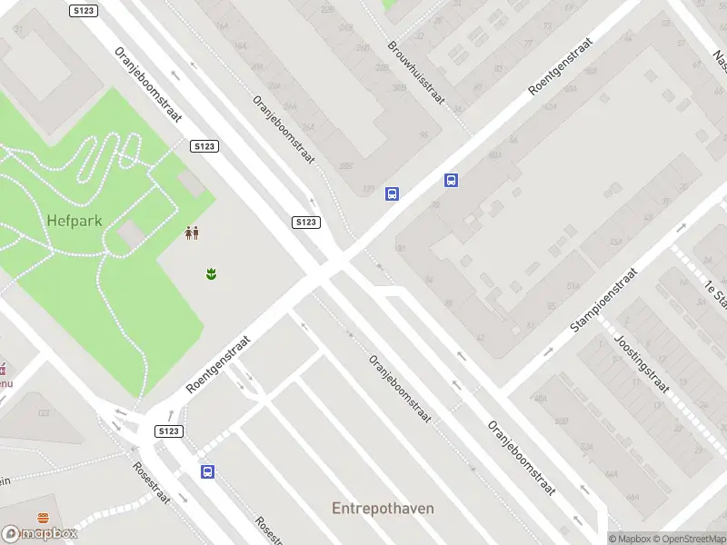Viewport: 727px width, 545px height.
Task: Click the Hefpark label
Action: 75,220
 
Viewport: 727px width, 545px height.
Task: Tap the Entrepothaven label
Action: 383,509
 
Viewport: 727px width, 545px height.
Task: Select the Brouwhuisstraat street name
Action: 414,72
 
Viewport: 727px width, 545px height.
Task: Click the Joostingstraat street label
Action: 642,362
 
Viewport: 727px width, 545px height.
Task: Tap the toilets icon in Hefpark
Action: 192,233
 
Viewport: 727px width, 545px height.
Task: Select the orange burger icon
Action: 43,518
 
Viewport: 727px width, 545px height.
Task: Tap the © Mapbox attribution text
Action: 629,539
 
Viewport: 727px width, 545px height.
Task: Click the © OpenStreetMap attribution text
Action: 688,539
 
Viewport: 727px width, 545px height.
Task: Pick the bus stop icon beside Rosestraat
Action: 208,471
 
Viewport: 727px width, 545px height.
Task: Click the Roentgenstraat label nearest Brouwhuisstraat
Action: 560,66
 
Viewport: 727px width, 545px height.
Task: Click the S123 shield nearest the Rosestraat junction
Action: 169,431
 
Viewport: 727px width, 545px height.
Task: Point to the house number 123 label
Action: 43,413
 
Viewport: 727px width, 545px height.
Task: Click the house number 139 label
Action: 368,190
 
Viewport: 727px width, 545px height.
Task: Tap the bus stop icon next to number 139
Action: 392,193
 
